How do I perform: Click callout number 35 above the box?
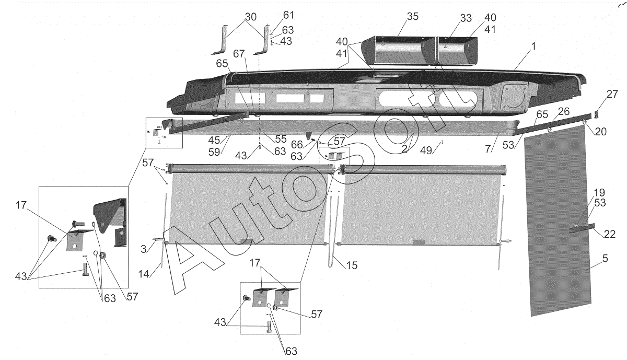click(413, 17)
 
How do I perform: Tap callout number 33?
click(466, 18)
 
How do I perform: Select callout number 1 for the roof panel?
click(533, 46)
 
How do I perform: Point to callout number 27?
click(612, 95)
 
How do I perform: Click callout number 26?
click(564, 112)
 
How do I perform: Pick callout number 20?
click(600, 132)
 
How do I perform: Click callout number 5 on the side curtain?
click(605, 259)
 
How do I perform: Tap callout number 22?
click(609, 234)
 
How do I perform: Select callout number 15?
click(352, 265)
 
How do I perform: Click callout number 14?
click(144, 274)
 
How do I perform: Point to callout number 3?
click(144, 249)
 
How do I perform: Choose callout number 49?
click(426, 150)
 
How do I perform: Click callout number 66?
click(297, 145)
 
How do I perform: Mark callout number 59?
click(214, 152)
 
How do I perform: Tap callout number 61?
click(288, 15)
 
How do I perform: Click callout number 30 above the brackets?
click(250, 17)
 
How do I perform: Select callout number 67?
click(239, 53)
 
